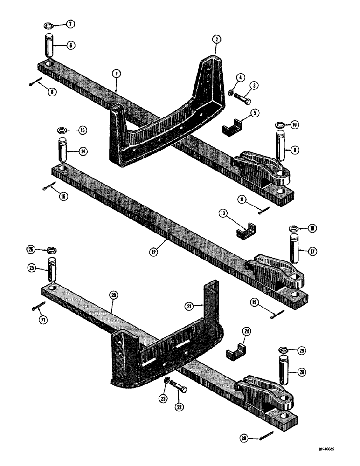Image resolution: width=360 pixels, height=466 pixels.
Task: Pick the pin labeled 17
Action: coord(297,254)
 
